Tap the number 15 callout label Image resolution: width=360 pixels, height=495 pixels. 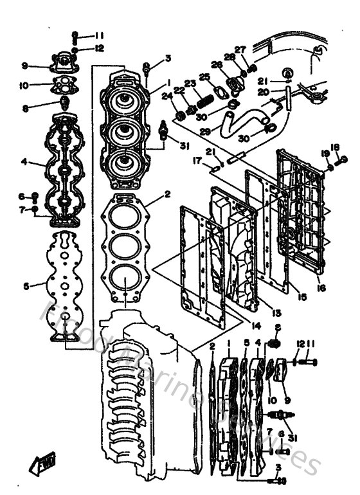(x=301, y=297)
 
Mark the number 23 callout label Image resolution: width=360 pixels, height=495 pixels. (x=190, y=83)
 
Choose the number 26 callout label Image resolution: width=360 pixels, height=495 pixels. (x=217, y=64)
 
